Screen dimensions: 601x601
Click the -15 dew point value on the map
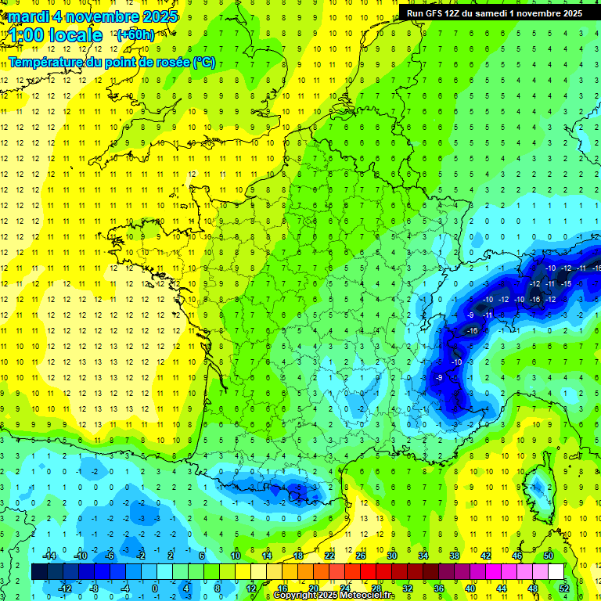pos(566,283)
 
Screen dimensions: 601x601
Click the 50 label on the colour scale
pos(549,556)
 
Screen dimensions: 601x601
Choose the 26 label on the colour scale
pos(361,556)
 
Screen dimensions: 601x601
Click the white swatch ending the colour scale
pos(556,572)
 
